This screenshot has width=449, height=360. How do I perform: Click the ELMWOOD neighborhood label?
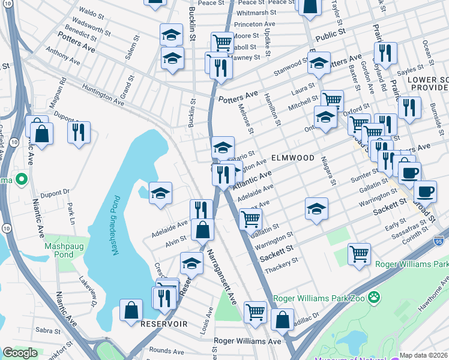point(292,157)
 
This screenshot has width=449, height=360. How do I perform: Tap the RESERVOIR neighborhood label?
point(164,324)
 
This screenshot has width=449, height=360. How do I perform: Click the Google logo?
point(20,353)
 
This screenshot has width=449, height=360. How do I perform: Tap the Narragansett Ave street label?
point(221,280)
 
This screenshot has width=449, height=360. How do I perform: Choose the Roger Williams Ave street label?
point(248,341)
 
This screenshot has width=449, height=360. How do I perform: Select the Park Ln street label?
point(71,210)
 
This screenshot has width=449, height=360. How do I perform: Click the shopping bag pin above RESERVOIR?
point(131,310)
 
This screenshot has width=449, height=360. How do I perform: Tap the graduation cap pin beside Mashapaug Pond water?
point(160,193)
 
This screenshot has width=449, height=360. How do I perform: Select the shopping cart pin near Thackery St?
point(359,253)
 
